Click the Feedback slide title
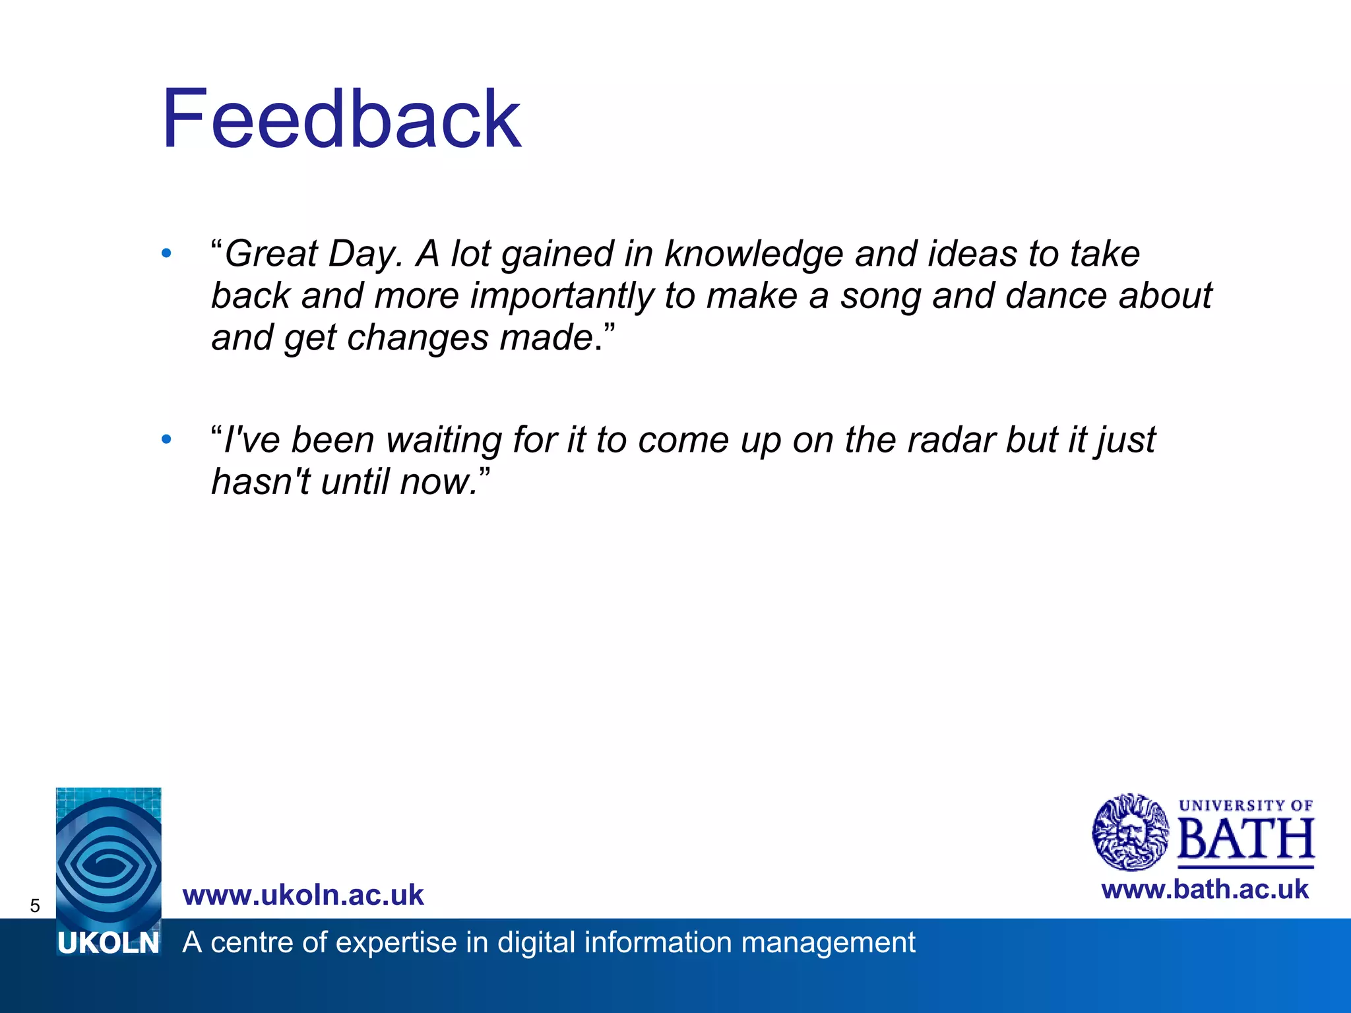coord(342,119)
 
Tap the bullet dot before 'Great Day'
coord(166,253)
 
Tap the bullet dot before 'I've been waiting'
coord(166,439)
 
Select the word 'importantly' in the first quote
coord(561,295)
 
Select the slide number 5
coord(35,906)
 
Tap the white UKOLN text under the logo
coord(108,944)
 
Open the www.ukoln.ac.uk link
coord(303,895)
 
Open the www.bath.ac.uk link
coord(1205,890)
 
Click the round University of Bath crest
coord(1130,832)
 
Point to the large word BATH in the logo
coord(1245,840)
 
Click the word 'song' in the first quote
coord(880,295)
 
